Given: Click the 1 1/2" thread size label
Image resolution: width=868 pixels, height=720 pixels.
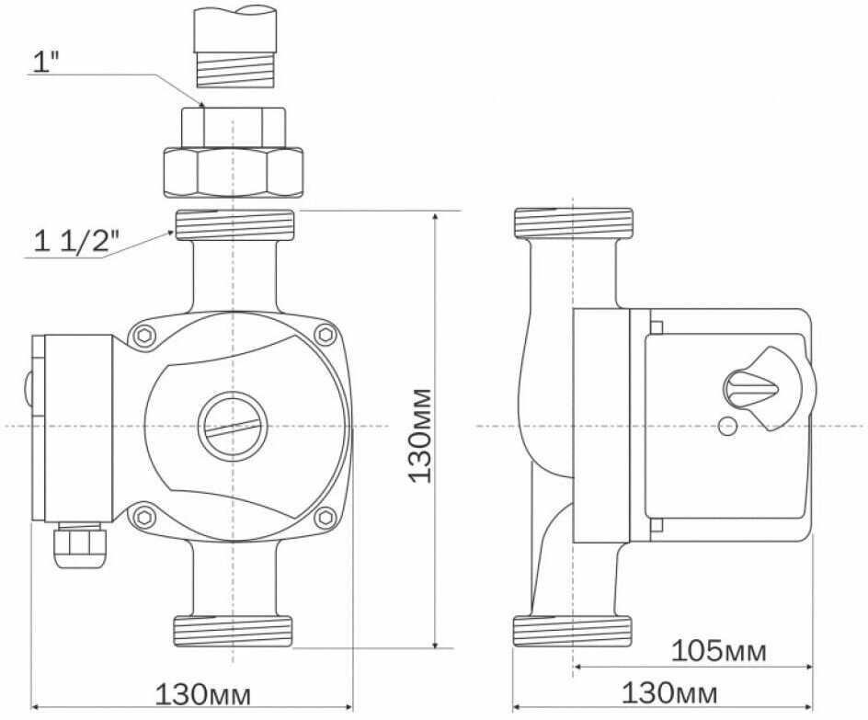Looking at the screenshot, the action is tap(76, 241).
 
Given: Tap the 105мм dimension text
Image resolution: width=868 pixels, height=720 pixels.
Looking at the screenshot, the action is tap(718, 651).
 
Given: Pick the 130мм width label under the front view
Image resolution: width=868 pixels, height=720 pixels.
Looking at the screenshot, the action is tap(202, 694).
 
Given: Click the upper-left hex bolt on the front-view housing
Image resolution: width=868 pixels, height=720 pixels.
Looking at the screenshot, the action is tap(144, 336).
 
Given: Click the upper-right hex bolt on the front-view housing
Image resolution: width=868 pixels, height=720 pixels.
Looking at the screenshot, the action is tap(325, 335).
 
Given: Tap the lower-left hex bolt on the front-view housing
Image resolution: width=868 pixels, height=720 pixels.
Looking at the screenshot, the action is tap(144, 517).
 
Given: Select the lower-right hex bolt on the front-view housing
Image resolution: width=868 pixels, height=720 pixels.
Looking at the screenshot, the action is tap(325, 518).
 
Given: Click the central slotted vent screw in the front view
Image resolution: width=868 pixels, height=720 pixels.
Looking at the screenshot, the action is tap(233, 426).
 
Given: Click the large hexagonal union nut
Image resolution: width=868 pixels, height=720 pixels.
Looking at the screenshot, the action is tap(233, 172).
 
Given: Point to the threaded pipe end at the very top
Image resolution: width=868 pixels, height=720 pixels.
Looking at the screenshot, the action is tap(234, 46).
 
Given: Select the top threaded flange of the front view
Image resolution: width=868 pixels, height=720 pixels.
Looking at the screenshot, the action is tap(234, 224).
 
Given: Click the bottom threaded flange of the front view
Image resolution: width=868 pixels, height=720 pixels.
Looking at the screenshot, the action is tap(233, 631).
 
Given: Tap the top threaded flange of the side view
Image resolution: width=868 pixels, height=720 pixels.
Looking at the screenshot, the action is tap(574, 223).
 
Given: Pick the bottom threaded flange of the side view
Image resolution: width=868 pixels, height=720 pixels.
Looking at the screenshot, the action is tap(573, 631).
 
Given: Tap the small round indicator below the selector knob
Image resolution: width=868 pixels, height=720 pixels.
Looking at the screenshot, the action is tap(726, 427).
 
